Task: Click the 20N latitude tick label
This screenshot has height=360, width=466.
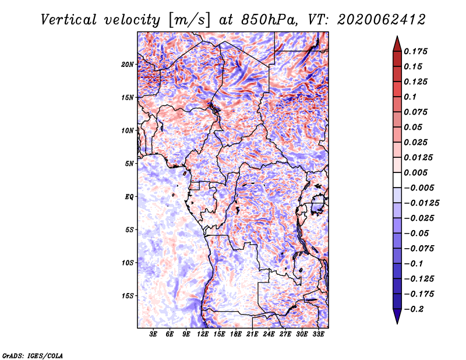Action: pyautogui.click(x=128, y=65)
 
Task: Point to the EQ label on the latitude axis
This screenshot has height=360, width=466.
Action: pyautogui.click(x=129, y=197)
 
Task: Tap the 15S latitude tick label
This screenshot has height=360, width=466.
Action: pyautogui.click(x=128, y=296)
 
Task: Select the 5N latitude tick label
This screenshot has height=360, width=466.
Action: pyautogui.click(x=129, y=164)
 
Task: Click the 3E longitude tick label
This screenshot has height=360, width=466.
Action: pyautogui.click(x=153, y=334)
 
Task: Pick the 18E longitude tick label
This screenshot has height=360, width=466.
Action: pyautogui.click(x=236, y=334)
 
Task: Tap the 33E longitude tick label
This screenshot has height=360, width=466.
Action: pyautogui.click(x=318, y=334)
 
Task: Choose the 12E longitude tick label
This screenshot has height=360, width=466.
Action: pyautogui.click(x=203, y=334)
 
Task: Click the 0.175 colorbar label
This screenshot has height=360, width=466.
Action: pyautogui.click(x=415, y=51)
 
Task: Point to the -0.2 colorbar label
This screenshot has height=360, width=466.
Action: pyautogui.click(x=414, y=309)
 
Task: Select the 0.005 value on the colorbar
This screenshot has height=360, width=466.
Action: pyautogui.click(x=415, y=172)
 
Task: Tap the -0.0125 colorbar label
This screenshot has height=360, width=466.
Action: pyautogui.click(x=422, y=203)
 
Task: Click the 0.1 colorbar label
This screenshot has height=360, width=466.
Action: pyautogui.click(x=410, y=97)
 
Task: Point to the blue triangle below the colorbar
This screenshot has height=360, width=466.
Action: pyautogui.click(x=397, y=316)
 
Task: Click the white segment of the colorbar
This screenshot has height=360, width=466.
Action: pyautogui.click(x=397, y=180)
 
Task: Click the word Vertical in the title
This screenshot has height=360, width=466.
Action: pyautogui.click(x=69, y=20)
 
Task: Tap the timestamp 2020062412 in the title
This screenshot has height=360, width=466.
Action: pyautogui.click(x=382, y=20)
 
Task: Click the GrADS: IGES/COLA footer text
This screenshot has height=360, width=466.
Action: pyautogui.click(x=33, y=355)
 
